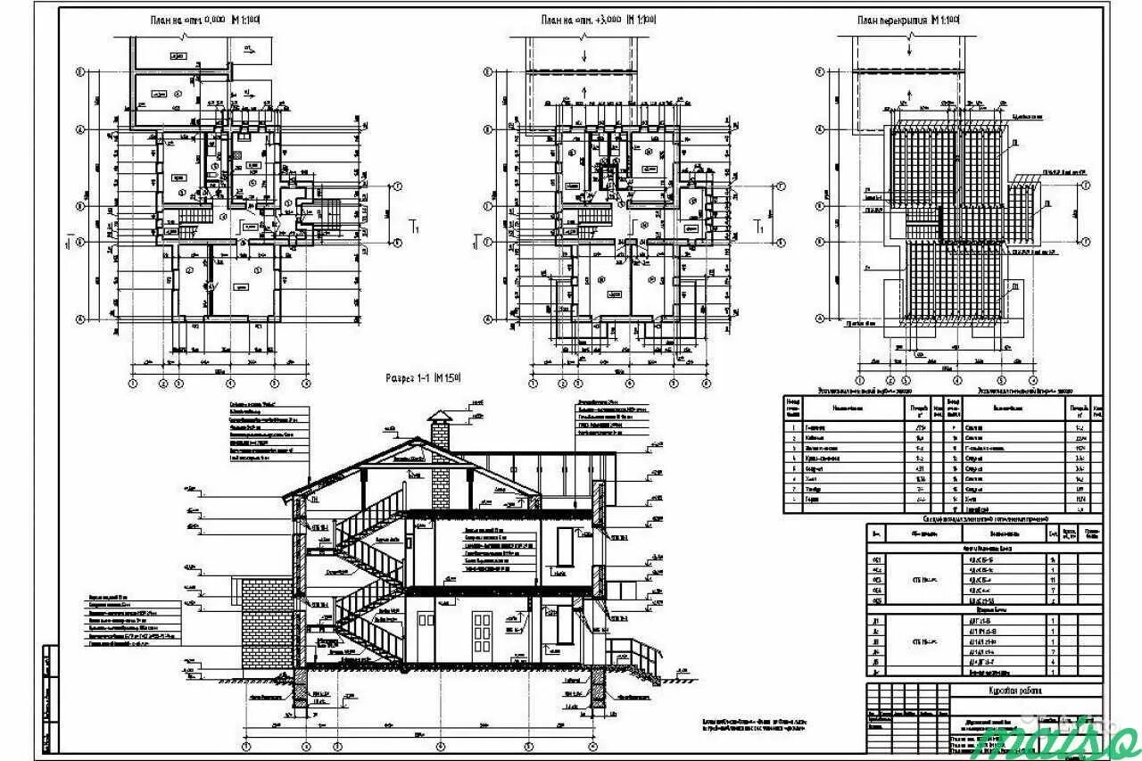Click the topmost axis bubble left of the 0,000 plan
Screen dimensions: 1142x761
click(79, 72)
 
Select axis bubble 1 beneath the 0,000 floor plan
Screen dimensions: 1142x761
click(133, 384)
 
